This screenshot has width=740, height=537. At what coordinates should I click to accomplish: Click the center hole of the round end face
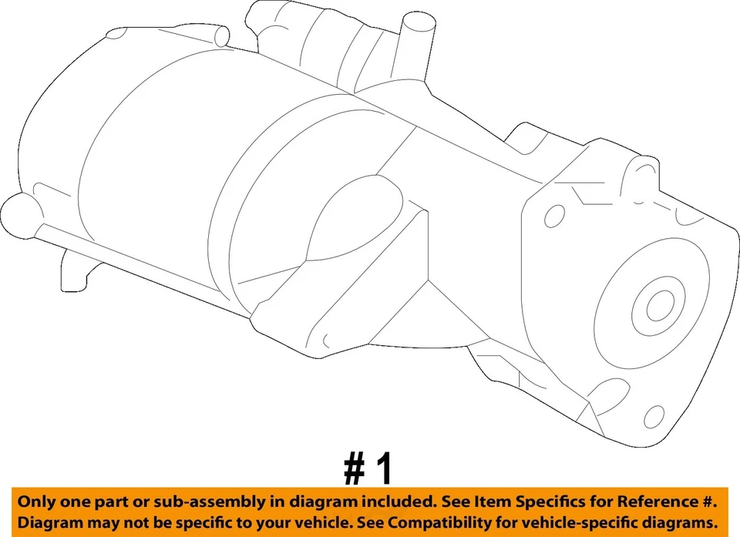pos(659,307)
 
